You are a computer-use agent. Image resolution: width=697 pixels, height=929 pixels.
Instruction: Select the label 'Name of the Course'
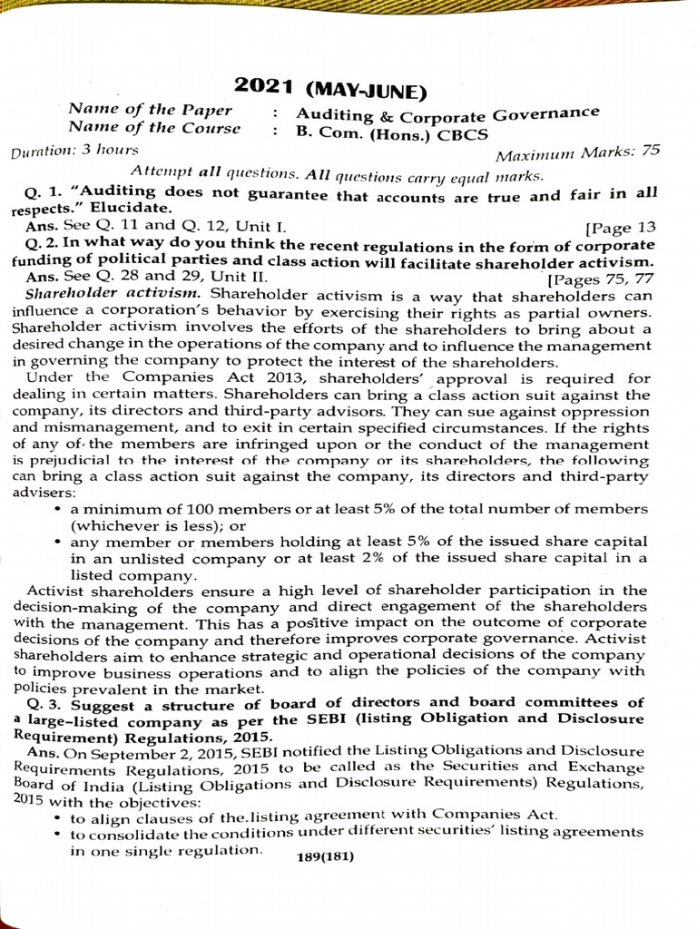154,128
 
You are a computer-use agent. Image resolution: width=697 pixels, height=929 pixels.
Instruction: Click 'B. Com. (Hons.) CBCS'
391,133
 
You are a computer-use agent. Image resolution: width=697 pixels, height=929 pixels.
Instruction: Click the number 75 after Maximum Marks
675,152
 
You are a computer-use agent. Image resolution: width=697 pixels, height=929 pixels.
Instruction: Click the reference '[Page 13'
622,227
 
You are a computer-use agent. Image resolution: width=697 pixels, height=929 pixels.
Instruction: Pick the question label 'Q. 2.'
44,244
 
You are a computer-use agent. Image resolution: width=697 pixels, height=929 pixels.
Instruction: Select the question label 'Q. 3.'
45,702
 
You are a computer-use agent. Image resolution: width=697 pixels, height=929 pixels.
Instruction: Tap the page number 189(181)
325,857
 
